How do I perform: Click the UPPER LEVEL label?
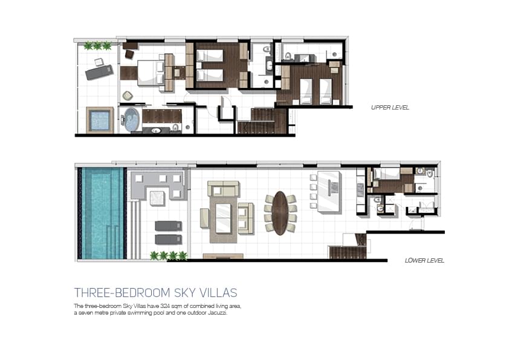[x=390, y=108]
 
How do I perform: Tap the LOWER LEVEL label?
[x=424, y=261]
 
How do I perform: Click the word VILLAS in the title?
[x=218, y=293]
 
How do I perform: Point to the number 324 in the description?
[x=166, y=306]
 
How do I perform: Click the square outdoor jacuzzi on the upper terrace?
[x=100, y=120]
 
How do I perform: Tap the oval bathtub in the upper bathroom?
[x=131, y=120]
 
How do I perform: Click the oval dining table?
[x=280, y=213]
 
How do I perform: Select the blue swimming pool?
[x=102, y=213]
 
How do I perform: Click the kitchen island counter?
[x=329, y=192]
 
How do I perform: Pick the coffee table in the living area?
[x=223, y=218]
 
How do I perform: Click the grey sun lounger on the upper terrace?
[x=99, y=72]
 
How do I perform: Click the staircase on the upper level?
[x=262, y=121]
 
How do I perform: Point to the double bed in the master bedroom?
[x=151, y=73]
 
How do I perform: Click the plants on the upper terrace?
[x=97, y=46]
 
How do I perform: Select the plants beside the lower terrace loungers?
[x=169, y=256]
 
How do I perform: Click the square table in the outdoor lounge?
[x=157, y=198]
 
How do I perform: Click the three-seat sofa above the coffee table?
[x=224, y=189]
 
